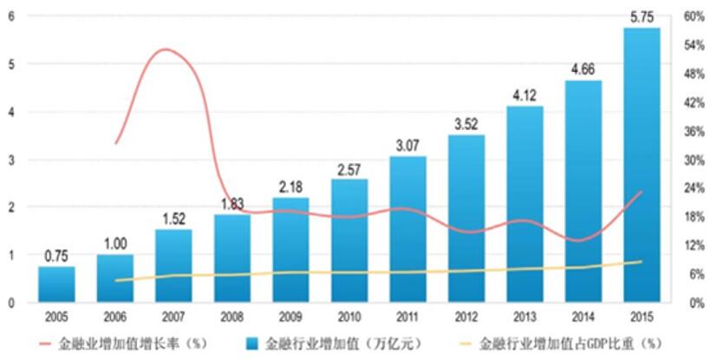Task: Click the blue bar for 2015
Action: pyautogui.click(x=642, y=165)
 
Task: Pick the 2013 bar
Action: pyautogui.click(x=524, y=205)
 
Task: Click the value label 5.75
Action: pyautogui.click(x=642, y=15)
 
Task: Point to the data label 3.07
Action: pyautogui.click(x=407, y=144)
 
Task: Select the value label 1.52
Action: pyautogui.click(x=173, y=218)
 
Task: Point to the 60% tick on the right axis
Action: pyautogui.click(x=692, y=16)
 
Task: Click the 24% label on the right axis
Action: pyautogui.click(x=692, y=188)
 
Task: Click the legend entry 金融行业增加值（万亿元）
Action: pyautogui.click(x=351, y=342)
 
